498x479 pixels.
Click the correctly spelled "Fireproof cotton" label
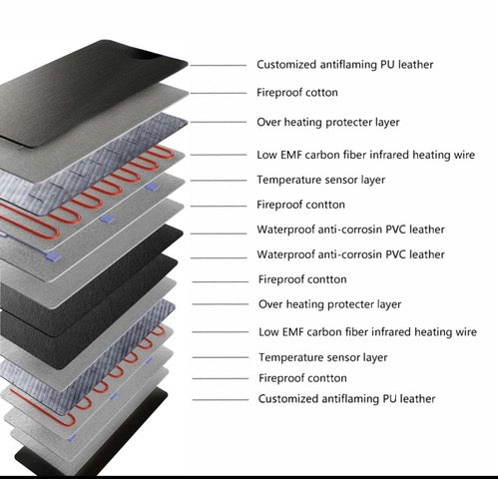pos(297,93)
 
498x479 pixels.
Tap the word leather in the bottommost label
pos(417,398)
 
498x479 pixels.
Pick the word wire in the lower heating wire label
pos(466,332)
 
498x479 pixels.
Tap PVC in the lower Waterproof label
pos(395,254)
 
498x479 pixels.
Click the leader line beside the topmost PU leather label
pos(219,66)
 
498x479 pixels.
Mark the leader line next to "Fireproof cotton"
pos(219,93)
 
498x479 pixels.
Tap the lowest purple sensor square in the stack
pos(72,438)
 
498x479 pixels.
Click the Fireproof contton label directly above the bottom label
pos(302,378)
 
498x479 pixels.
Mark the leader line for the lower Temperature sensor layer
pos(221,357)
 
